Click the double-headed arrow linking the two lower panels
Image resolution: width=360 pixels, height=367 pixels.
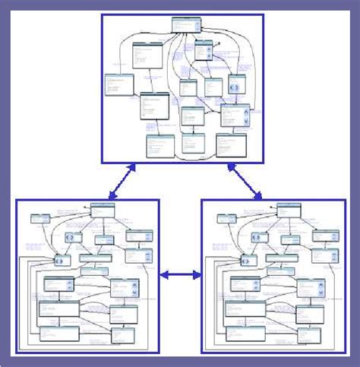[180, 275]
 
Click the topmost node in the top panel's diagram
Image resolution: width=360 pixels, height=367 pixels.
[185, 24]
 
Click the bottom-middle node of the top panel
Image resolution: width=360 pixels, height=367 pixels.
[193, 141]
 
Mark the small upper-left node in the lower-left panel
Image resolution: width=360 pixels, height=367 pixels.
[39, 219]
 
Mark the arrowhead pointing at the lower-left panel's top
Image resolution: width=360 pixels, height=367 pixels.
[112, 196]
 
